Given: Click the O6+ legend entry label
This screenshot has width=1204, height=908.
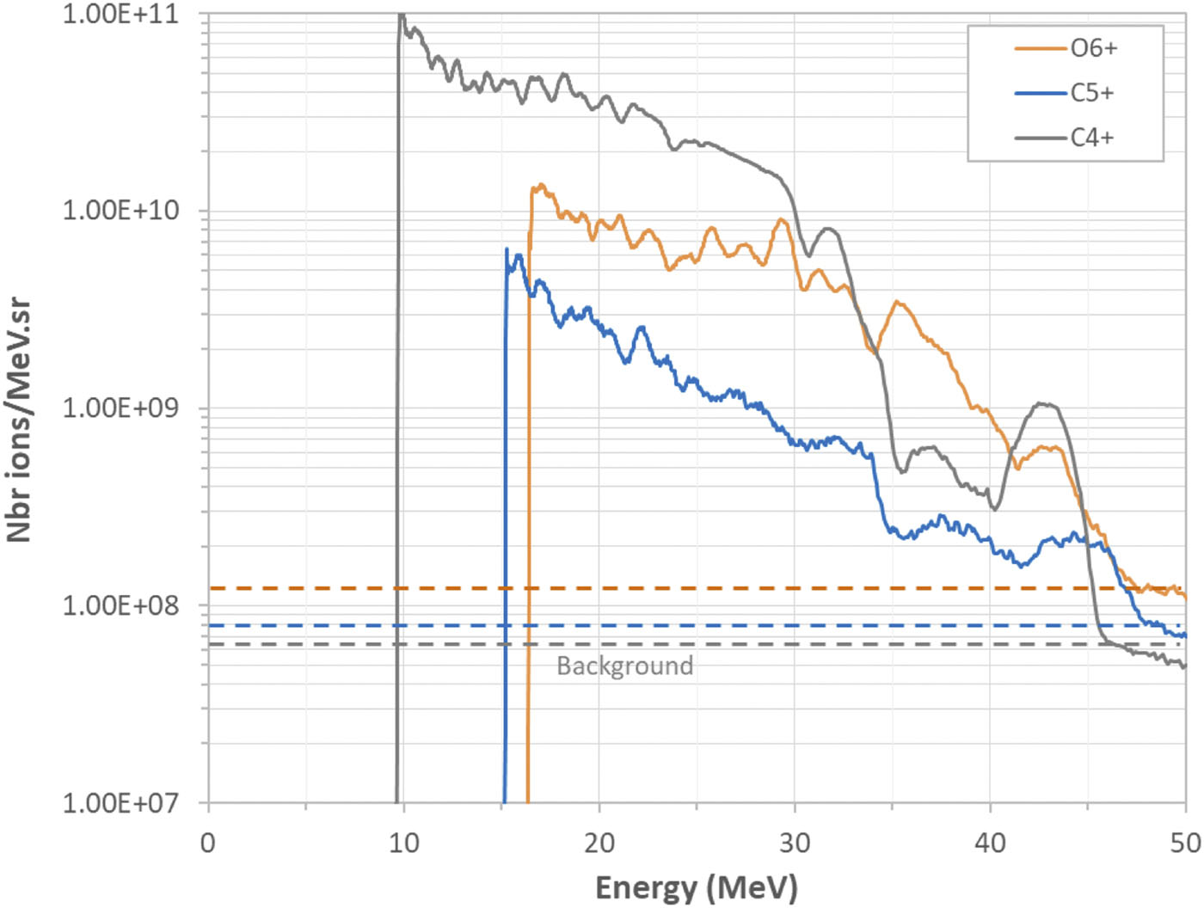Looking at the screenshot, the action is click(1093, 49).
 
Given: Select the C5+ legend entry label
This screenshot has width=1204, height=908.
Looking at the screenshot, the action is click(1092, 93).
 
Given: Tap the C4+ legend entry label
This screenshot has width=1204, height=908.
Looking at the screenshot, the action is click(1092, 138).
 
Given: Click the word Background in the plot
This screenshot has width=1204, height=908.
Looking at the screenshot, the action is click(624, 666).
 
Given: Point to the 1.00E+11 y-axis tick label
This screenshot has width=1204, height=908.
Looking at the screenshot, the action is click(120, 15).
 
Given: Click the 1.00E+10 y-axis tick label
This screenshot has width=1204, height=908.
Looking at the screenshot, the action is click(120, 211).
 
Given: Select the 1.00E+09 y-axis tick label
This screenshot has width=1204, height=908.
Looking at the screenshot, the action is click(120, 408).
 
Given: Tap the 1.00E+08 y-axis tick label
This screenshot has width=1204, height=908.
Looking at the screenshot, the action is click(120, 606).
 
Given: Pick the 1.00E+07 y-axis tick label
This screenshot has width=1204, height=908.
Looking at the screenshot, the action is click(120, 803).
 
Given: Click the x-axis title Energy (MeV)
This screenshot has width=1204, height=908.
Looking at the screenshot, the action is click(697, 888).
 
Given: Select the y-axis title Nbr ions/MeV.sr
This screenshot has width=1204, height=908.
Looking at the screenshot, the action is click(18, 420).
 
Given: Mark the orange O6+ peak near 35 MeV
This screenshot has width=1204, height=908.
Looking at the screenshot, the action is click(897, 302).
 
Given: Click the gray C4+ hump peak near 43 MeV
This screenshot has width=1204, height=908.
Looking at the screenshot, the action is click(1045, 405).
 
